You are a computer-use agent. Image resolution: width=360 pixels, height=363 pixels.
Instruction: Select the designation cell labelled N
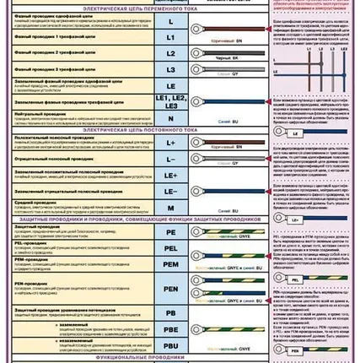click(x=170, y=119)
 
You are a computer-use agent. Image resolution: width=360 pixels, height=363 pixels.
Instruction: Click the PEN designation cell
click(x=170, y=290)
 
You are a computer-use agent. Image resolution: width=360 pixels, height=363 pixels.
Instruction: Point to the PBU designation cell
click(x=170, y=346)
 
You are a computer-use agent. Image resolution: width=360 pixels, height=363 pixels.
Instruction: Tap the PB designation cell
click(x=170, y=313)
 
